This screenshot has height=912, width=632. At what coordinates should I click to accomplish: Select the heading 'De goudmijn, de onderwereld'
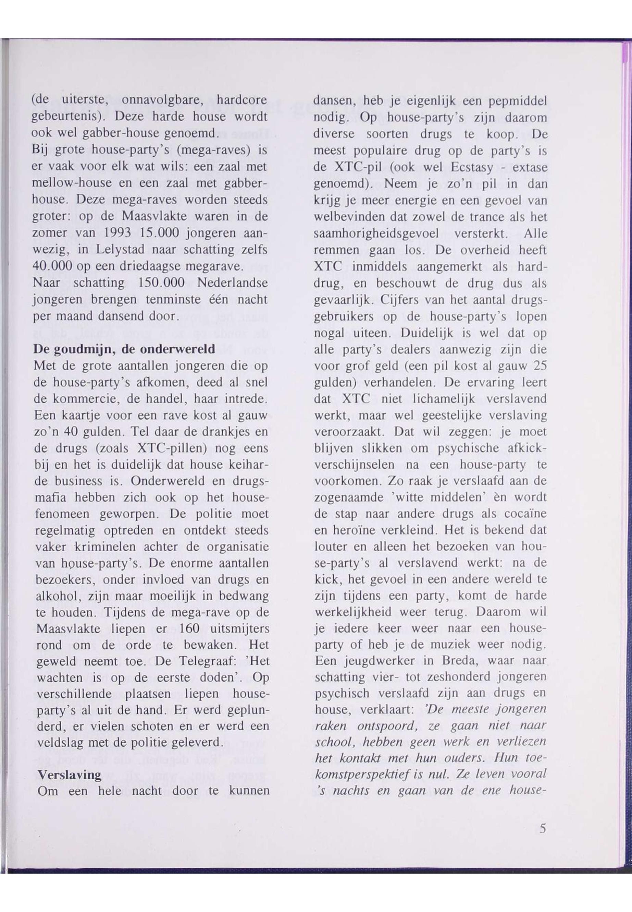(x=124, y=349)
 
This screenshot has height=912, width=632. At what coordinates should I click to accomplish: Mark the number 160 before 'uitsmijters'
(x=192, y=628)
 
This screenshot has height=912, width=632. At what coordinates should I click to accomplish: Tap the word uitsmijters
(x=241, y=628)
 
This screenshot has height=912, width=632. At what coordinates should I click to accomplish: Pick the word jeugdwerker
(x=375, y=661)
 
